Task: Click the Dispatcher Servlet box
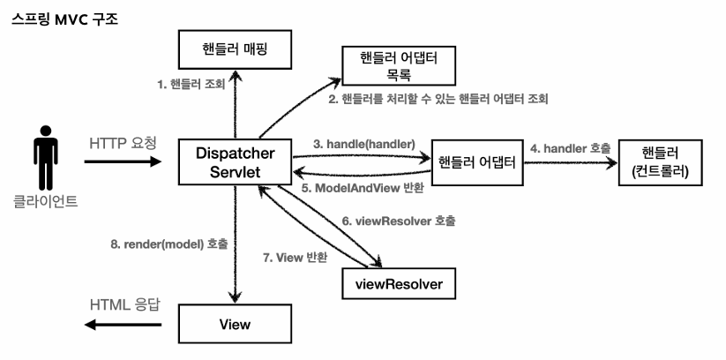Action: pyautogui.click(x=235, y=162)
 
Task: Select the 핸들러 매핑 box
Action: pyautogui.click(x=235, y=50)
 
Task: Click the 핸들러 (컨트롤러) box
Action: pyautogui.click(x=661, y=162)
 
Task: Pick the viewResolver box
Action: pyautogui.click(x=400, y=284)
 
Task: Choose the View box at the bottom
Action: pyautogui.click(x=235, y=324)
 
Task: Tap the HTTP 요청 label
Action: pyautogui.click(x=123, y=142)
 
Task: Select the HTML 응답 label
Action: pyautogui.click(x=124, y=304)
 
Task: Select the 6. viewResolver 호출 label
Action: pyautogui.click(x=397, y=220)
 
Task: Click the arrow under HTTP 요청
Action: pyautogui.click(x=124, y=162)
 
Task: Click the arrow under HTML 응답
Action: pyautogui.click(x=124, y=325)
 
